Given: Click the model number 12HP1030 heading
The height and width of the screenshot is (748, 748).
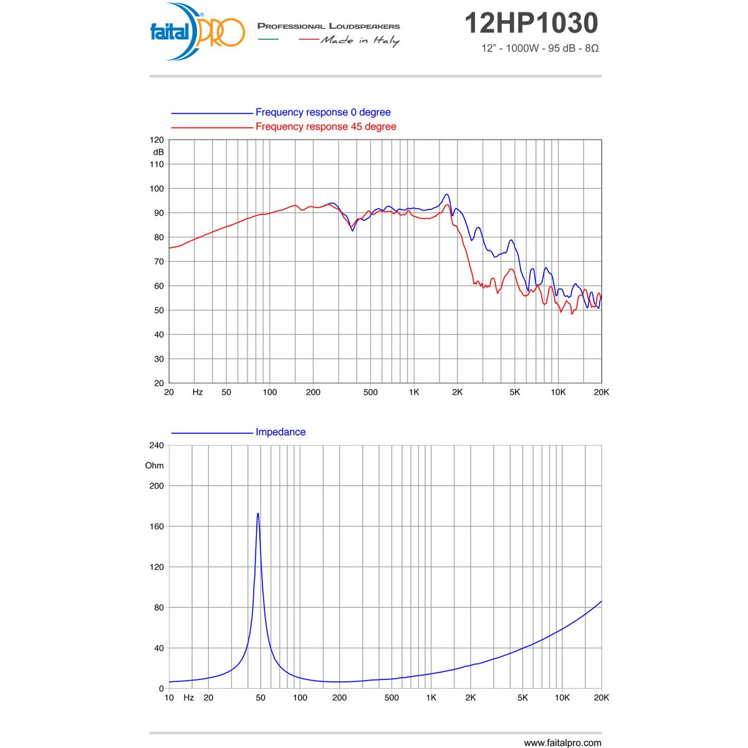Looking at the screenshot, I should [x=531, y=24].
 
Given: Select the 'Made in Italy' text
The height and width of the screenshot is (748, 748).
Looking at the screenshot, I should [x=360, y=41].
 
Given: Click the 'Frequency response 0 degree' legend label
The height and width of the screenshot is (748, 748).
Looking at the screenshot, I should [x=323, y=112].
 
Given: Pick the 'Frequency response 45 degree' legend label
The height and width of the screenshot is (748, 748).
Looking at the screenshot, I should [x=325, y=127].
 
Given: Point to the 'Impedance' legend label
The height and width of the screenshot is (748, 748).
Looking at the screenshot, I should [x=280, y=432].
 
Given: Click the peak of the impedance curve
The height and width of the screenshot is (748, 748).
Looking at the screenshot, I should [x=257, y=514].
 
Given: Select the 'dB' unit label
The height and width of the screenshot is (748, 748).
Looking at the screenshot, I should [x=158, y=152].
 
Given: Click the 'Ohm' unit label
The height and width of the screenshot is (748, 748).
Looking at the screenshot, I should [x=155, y=466].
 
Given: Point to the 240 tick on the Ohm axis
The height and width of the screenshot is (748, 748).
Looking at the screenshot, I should [x=156, y=446].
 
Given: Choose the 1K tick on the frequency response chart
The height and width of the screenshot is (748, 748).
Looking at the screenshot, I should [x=414, y=392].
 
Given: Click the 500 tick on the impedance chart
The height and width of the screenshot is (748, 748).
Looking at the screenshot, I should [x=391, y=698].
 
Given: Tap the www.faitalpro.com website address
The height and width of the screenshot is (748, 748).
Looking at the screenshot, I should [x=562, y=742].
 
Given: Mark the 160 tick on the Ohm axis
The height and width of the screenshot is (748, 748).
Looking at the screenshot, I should [x=156, y=527].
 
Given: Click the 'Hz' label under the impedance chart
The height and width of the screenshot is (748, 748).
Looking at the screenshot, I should [x=188, y=698].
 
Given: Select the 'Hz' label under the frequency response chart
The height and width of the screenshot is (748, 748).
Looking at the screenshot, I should [x=198, y=392].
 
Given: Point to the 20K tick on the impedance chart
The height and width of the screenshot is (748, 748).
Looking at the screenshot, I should [x=602, y=698].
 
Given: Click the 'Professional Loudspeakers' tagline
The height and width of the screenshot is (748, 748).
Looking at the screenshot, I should [x=328, y=26].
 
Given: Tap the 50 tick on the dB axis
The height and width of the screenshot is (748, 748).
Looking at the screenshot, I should [x=158, y=310].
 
